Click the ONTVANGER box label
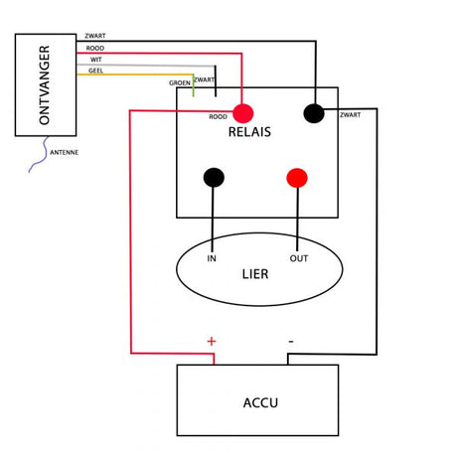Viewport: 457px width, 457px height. pos(44,85)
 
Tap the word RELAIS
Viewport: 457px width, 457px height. pos(249,132)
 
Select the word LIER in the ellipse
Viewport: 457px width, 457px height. pos(255,274)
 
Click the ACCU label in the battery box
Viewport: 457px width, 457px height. pos(260,403)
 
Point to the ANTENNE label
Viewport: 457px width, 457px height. pos(65,153)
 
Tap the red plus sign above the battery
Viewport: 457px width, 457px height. pos(212,341)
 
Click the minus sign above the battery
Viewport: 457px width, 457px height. pos(291,341)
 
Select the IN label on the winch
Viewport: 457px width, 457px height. pos(212,258)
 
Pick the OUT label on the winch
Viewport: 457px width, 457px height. pos(299,258)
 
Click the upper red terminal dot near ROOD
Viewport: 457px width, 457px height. pos(243,113)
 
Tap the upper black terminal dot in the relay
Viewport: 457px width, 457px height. pos(314,113)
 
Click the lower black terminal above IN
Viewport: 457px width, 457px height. pos(214,178)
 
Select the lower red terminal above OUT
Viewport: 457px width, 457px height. pos(297,178)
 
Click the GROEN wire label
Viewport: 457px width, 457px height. pos(180,83)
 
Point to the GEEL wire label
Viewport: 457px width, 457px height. pos(96,71)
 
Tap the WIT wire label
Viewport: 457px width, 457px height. pos(96,60)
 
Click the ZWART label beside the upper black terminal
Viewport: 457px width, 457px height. pos(351,115)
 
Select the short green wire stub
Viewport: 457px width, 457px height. pos(194,85)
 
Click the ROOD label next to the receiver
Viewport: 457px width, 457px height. pos(95,49)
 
